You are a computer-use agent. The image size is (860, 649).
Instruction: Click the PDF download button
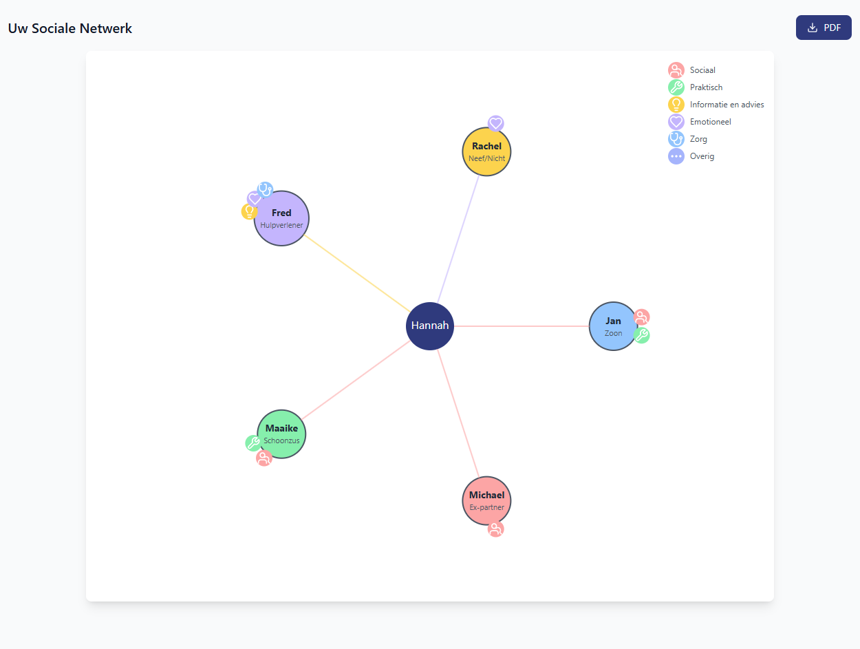click(823, 28)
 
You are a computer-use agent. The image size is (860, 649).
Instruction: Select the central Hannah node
click(430, 326)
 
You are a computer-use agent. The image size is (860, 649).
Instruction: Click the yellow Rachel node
click(486, 151)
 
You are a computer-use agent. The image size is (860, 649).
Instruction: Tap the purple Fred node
click(281, 218)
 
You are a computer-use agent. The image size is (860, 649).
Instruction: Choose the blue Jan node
click(613, 326)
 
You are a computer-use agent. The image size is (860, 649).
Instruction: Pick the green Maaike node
click(281, 434)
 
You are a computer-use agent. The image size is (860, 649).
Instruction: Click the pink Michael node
click(486, 501)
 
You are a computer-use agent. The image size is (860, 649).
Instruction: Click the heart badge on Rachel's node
click(495, 123)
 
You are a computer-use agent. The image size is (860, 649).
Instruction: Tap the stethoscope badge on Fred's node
click(266, 190)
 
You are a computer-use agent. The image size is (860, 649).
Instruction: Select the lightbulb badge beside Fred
click(249, 212)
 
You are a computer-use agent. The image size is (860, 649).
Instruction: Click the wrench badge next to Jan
click(641, 335)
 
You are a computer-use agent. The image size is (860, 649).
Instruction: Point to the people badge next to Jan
click(641, 317)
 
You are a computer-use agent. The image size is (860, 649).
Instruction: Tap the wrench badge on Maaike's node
click(253, 443)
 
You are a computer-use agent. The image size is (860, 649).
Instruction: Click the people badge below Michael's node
click(495, 529)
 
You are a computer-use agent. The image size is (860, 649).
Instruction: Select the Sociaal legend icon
click(676, 70)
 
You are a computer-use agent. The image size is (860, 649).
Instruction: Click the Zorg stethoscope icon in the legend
click(676, 139)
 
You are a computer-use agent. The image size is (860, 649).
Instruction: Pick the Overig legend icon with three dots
click(676, 156)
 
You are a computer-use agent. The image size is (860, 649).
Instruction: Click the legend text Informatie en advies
click(727, 105)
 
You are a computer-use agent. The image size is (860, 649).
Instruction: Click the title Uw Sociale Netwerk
click(70, 28)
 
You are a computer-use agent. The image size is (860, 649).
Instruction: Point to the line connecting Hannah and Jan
click(522, 326)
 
